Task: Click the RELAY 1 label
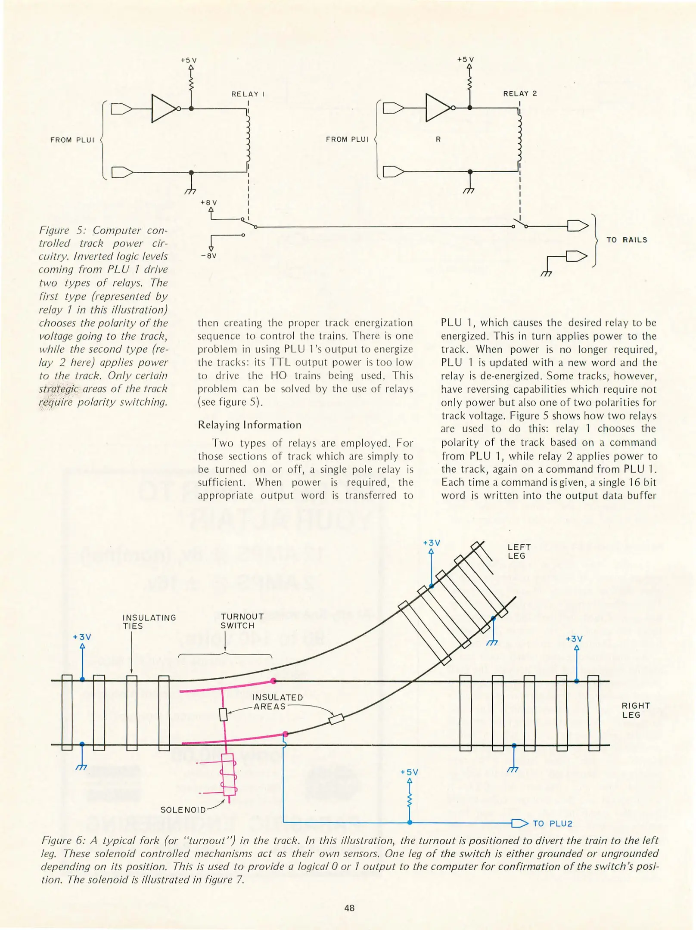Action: click(248, 94)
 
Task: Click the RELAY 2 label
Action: click(520, 93)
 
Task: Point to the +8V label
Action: click(208, 202)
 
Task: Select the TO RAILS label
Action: click(627, 240)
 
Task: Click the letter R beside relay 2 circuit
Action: click(438, 139)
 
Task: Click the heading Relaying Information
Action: click(249, 425)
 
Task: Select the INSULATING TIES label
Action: click(149, 622)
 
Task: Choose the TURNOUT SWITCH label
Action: click(242, 621)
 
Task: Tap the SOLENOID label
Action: click(183, 810)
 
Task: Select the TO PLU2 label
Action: click(552, 824)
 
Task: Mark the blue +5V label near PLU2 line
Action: click(409, 772)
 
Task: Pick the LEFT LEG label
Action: click(519, 552)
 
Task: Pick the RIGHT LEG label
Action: click(635, 710)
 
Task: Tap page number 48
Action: click(349, 908)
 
